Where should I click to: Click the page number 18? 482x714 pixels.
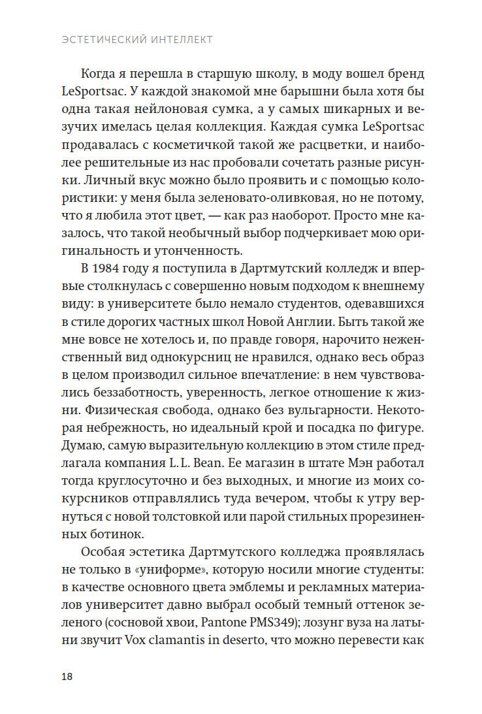(x=67, y=675)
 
